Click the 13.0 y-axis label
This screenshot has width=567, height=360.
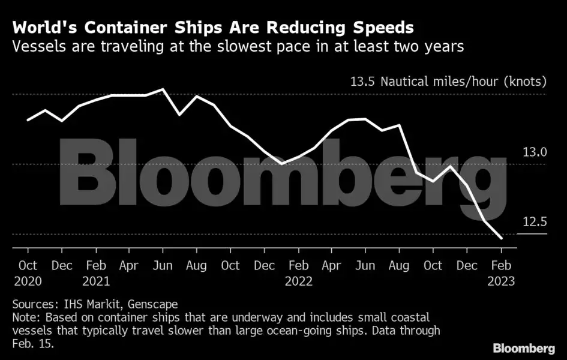(534, 152)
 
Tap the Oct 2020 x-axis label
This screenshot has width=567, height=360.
(28, 272)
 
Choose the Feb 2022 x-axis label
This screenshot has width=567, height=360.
(299, 272)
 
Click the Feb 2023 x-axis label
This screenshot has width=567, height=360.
(502, 272)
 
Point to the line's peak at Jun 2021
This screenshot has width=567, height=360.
(163, 89)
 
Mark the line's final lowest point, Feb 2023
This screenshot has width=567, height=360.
(501, 238)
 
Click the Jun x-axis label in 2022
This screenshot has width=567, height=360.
(366, 265)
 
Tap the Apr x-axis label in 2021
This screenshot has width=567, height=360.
(130, 265)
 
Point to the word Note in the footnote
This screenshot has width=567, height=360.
(23, 317)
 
